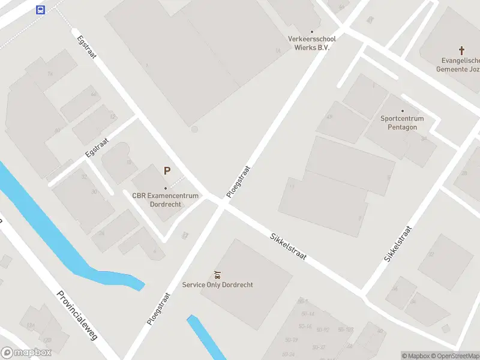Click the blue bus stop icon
[40, 10]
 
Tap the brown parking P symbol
[167, 171]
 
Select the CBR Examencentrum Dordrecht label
[165, 200]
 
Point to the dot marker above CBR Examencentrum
[166, 188]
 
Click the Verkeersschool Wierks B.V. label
[311, 43]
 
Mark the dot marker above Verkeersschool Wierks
[311, 32]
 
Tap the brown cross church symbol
[461, 50]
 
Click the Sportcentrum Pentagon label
[402, 122]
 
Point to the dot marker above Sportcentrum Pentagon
[402, 111]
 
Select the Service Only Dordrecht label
[217, 285]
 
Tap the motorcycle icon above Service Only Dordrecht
[217, 275]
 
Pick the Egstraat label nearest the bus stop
[87, 47]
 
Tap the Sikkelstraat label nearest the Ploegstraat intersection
[288, 247]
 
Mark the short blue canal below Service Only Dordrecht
[206, 336]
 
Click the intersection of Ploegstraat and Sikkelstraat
[223, 203]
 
